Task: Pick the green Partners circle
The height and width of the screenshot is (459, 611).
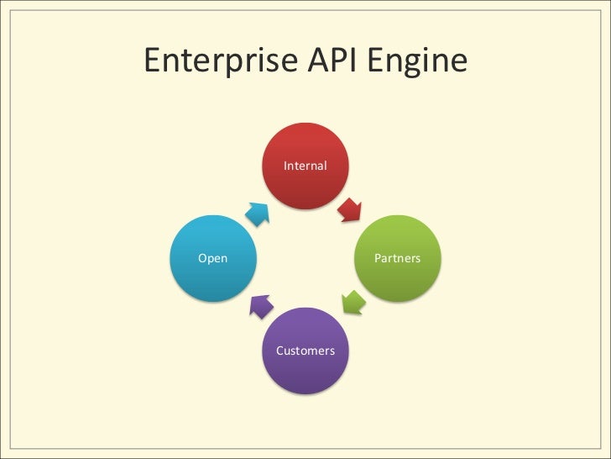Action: point(398,258)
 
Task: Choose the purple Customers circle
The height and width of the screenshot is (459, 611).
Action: point(305,350)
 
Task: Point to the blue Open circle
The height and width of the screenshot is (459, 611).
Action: point(213,258)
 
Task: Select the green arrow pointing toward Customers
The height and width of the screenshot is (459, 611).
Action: point(352,301)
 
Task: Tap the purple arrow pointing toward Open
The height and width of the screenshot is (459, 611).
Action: point(259,306)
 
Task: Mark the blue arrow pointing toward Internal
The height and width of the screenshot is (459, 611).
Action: point(258,213)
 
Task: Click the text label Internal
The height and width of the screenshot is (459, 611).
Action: point(305,166)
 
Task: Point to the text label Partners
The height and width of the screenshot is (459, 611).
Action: point(398,258)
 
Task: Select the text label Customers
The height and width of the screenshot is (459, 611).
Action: point(305,350)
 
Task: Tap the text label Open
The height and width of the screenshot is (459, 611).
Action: point(213,258)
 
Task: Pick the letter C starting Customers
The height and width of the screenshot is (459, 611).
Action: point(280,350)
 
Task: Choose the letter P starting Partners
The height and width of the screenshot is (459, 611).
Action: point(378,258)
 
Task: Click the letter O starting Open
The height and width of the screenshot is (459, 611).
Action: point(201,258)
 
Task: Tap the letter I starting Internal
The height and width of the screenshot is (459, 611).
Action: point(286,166)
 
